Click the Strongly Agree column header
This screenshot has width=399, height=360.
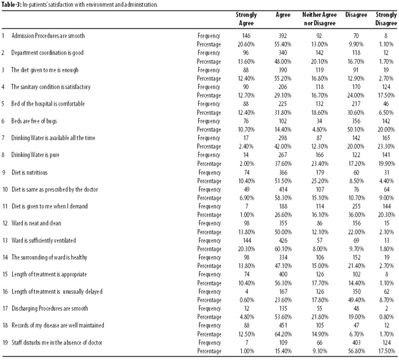[246, 19]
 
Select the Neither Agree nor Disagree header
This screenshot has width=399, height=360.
[319, 19]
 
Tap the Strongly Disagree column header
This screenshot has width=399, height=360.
[386, 19]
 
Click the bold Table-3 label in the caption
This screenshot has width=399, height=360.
[11, 4]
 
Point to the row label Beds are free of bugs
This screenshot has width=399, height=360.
[34, 121]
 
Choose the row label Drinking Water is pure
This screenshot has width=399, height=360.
[35, 155]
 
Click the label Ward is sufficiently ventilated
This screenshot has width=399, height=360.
[44, 240]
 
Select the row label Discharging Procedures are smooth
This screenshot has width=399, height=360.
[50, 308]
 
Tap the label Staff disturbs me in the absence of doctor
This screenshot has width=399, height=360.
[57, 342]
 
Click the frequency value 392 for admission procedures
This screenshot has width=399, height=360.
[283, 36]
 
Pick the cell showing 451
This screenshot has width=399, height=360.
[283, 326]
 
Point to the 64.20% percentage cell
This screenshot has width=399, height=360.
[283, 334]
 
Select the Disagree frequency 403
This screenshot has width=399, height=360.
[356, 342]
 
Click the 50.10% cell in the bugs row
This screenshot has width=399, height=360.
[356, 130]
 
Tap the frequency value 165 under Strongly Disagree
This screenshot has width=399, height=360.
[386, 138]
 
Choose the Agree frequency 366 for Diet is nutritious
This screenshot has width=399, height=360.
[283, 173]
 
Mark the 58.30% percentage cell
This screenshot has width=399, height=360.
[283, 198]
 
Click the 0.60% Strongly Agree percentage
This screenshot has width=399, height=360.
[247, 300]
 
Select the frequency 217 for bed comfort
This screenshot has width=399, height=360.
[356, 104]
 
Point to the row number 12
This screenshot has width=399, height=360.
[5, 223]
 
